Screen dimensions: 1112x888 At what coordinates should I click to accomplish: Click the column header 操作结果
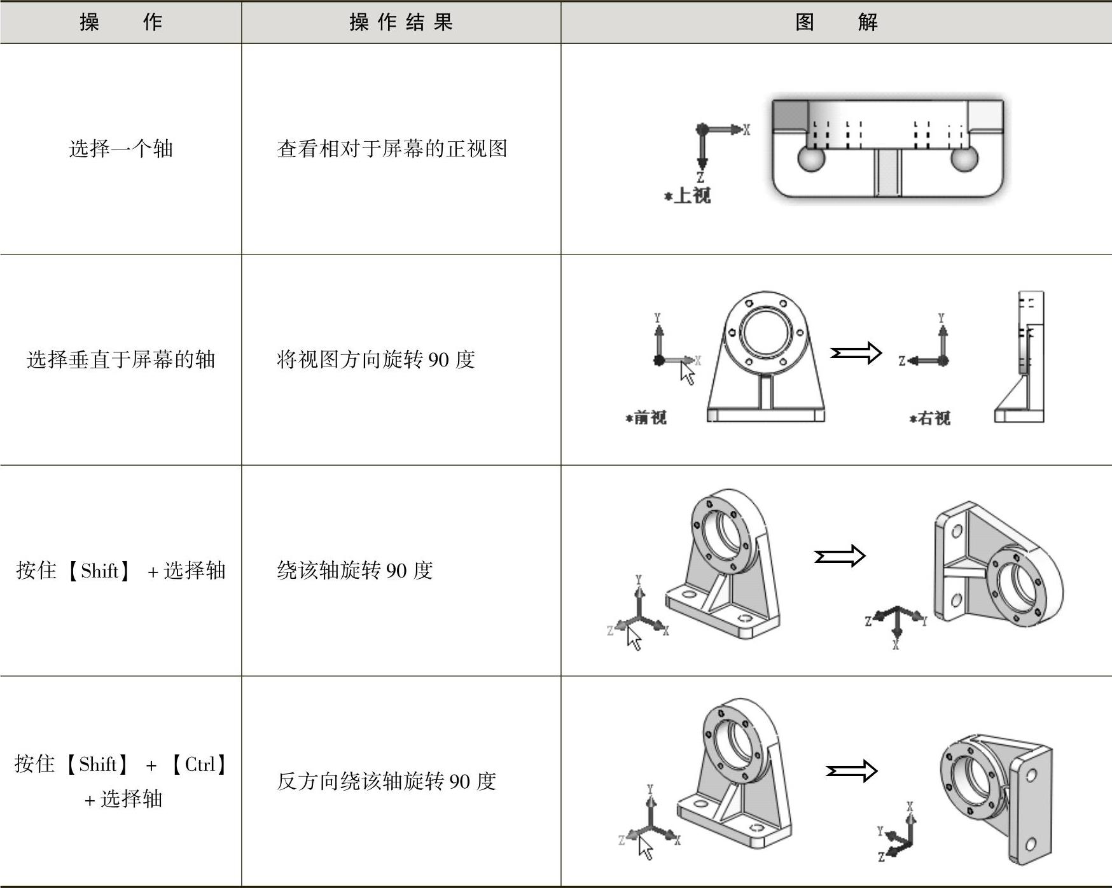click(401, 22)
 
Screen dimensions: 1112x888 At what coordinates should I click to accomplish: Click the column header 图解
click(836, 22)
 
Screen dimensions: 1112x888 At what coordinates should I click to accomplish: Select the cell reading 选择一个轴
click(121, 149)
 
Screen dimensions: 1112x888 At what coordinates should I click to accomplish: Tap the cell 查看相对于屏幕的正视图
click(392, 149)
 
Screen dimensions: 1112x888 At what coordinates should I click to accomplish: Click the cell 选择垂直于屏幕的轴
click(121, 359)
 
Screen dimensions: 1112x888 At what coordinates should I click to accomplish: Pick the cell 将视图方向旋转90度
click(376, 359)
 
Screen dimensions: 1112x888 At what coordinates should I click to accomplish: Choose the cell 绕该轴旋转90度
click(355, 570)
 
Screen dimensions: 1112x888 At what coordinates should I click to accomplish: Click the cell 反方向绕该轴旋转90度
click(386, 780)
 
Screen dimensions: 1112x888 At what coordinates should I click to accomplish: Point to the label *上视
click(688, 195)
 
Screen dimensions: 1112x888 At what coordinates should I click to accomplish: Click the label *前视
click(646, 417)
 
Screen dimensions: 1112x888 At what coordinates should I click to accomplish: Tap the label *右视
click(930, 418)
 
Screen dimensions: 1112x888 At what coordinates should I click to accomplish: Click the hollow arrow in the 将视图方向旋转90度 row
click(856, 352)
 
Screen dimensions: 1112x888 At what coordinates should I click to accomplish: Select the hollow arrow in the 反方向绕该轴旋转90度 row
click(851, 772)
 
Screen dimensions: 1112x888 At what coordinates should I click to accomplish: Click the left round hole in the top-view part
click(810, 158)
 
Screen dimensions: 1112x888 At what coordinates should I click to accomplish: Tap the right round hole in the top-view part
click(964, 158)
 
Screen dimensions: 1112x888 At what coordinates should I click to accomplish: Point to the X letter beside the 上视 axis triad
click(746, 130)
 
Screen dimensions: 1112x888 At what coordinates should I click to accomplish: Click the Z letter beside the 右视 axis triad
click(901, 361)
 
